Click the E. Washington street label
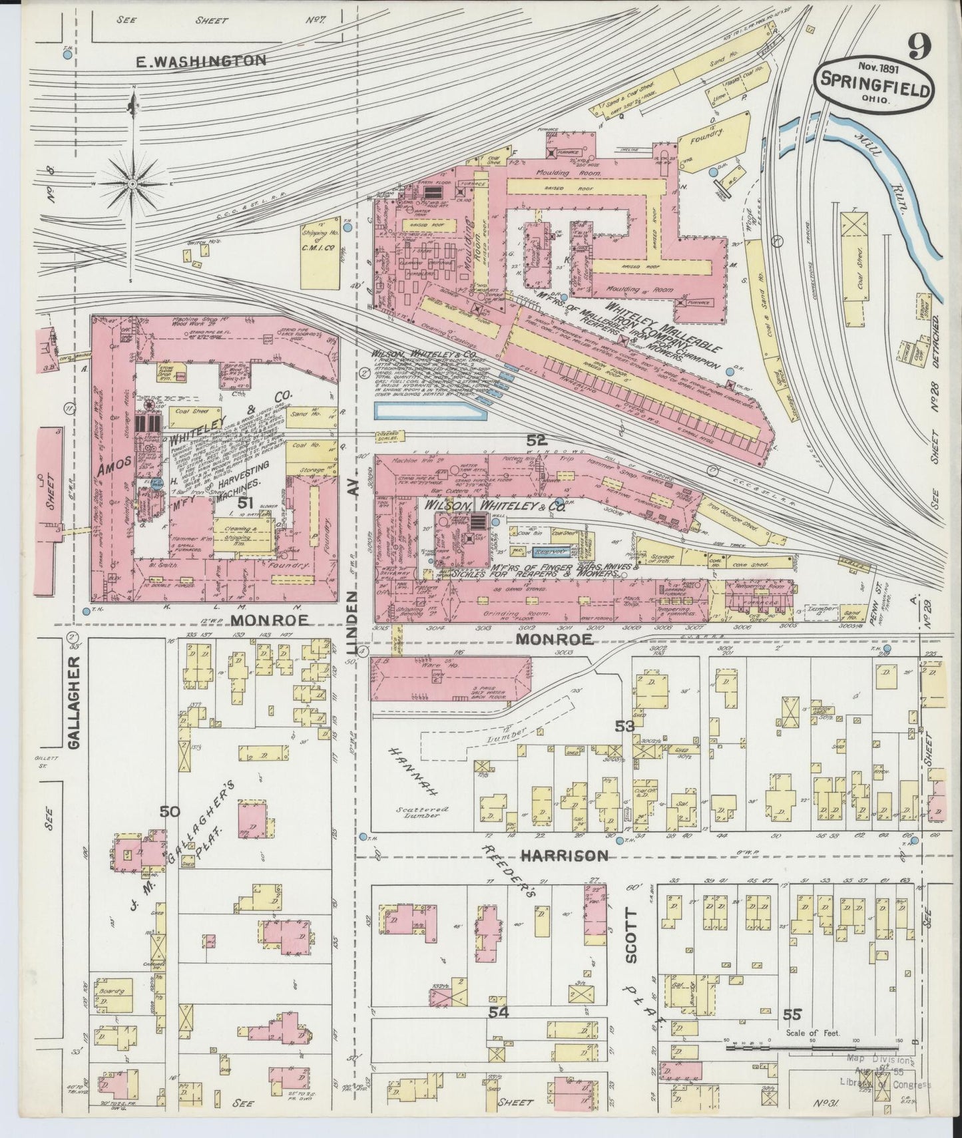200,61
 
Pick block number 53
624,725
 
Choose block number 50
170,811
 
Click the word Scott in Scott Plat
630,939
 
